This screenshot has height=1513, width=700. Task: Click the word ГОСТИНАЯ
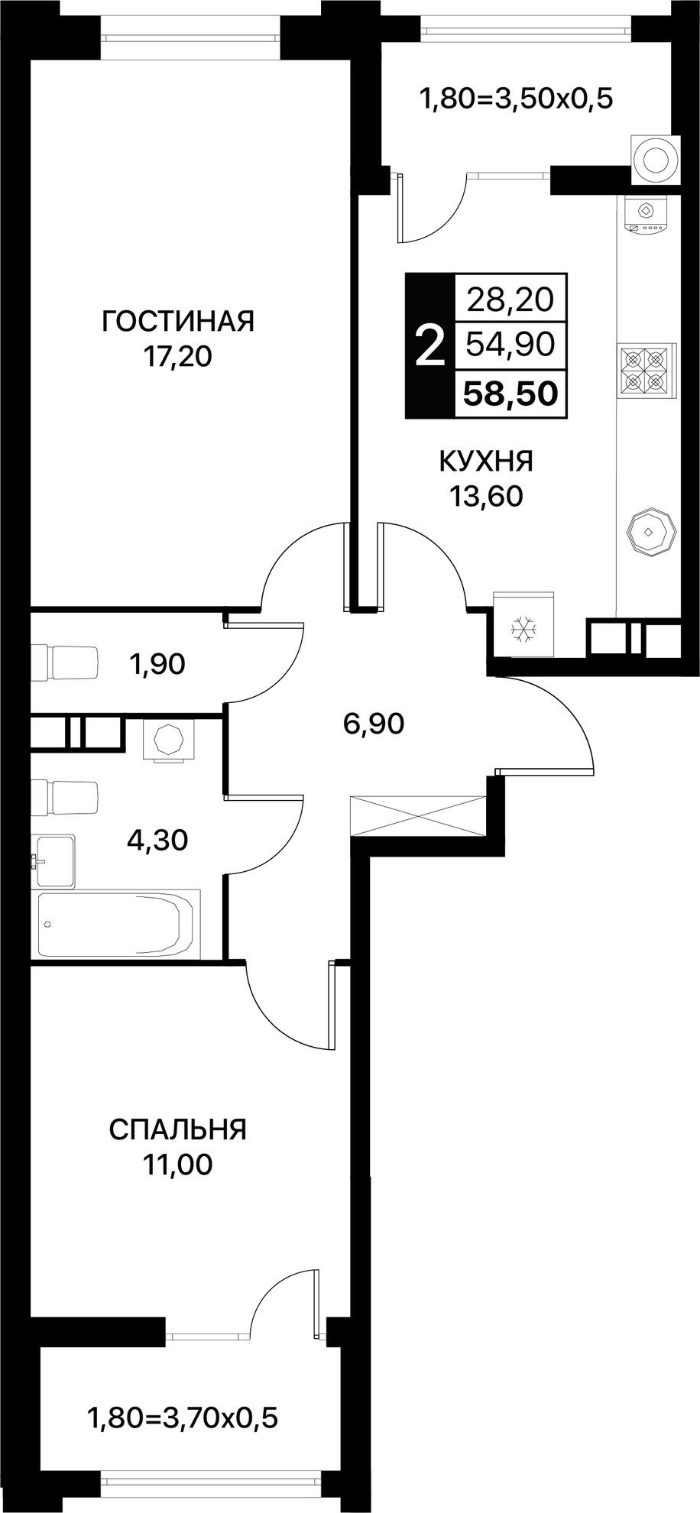(178, 322)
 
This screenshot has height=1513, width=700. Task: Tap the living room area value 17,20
(178, 357)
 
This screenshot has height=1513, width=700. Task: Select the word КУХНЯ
(486, 462)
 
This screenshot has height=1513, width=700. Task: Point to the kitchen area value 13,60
(486, 497)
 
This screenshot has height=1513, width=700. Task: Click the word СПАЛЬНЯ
(178, 1129)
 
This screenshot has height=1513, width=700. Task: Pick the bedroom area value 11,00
(177, 1165)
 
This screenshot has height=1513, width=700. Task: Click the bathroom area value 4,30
(157, 841)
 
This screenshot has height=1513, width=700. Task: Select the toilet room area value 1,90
(158, 665)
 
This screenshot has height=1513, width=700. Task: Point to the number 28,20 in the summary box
(510, 299)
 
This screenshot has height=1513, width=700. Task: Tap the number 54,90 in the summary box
(510, 345)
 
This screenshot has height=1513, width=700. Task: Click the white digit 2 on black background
(429, 346)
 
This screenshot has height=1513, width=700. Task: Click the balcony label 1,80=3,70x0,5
(183, 1419)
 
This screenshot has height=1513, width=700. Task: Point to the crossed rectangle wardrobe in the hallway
(418, 816)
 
